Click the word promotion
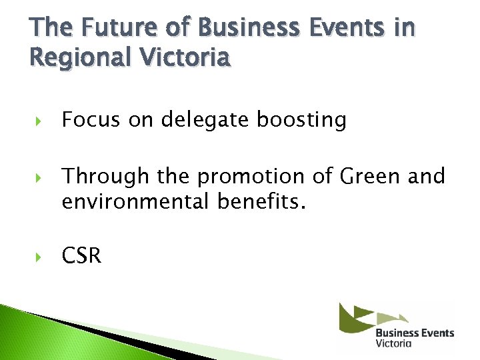point(252,177)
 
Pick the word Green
point(368,177)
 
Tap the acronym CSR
point(81,256)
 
